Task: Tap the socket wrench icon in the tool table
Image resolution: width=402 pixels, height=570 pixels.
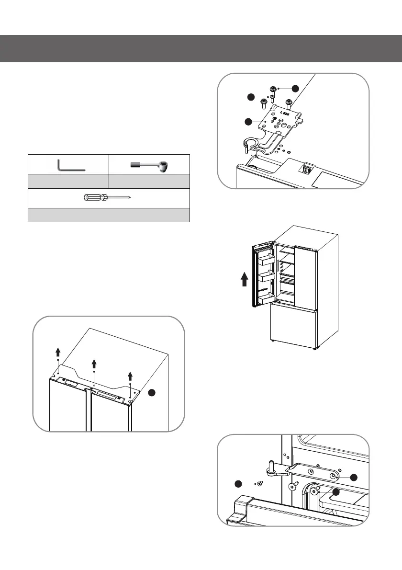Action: coord(150,166)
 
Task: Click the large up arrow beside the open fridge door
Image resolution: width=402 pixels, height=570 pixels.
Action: coord(244,277)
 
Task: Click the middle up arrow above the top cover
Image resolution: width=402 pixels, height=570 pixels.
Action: coord(94,364)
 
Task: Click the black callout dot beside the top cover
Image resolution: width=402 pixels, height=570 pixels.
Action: coord(152,392)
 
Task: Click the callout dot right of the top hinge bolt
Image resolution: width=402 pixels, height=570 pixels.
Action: coord(296,88)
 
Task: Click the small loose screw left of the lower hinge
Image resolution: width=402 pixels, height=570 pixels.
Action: coord(260,484)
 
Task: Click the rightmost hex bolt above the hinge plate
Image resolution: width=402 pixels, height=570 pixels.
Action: coord(289,103)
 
